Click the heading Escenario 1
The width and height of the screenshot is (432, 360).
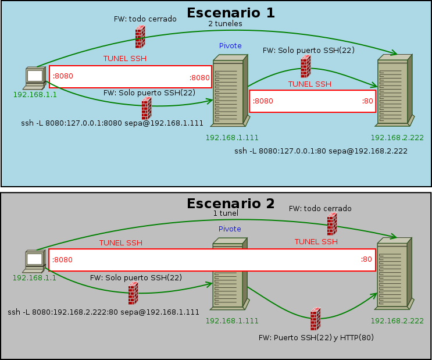point(230,13)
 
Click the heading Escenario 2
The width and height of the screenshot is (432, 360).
point(230,204)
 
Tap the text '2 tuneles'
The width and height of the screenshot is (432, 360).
point(225,24)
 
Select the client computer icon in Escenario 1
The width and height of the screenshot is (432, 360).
point(35,78)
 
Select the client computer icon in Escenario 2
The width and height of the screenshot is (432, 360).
point(35,261)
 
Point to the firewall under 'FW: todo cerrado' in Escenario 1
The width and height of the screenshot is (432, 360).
point(140,37)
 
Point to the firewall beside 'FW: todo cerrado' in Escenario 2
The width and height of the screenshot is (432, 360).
point(332,224)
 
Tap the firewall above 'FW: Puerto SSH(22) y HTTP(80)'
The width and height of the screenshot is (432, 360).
point(315,319)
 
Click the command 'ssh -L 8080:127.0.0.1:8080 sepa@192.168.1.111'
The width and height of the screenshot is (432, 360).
point(112,123)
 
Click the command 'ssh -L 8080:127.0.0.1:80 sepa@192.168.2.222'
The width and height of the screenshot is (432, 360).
point(320,151)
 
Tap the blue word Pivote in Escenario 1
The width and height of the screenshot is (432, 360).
point(230,46)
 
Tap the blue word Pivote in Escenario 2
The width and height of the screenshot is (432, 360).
point(230,229)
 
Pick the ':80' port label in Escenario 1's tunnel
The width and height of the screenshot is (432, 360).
point(367,101)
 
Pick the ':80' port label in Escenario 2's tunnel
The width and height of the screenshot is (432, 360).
point(366,260)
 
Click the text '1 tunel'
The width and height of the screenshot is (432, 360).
point(226,213)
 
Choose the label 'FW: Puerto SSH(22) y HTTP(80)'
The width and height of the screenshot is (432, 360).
point(316,337)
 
